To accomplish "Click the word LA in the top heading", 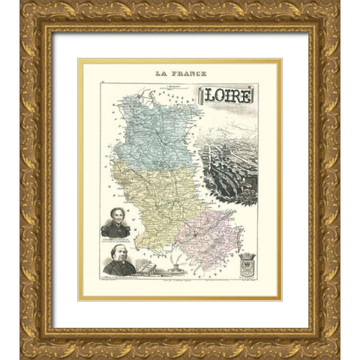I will point(160,73).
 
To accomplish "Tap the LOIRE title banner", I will point(227,94).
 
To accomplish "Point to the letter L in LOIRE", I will point(206,95).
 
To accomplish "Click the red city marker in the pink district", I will point(194,235).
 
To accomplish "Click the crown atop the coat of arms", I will point(247,256).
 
